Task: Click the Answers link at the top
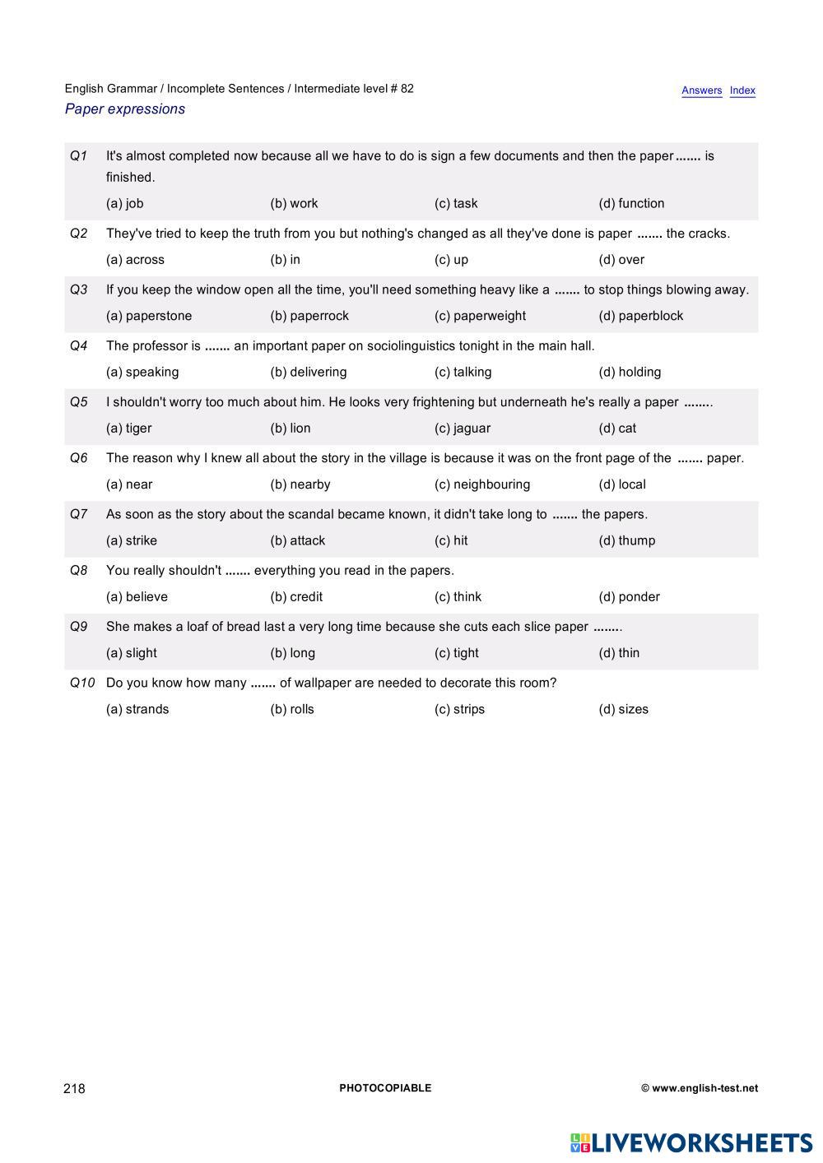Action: coord(701,90)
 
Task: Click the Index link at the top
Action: coord(742,90)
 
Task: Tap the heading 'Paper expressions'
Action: coord(125,109)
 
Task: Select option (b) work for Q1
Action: coord(294,203)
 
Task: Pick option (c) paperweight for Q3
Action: coord(480,316)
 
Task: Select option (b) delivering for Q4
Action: coord(309,372)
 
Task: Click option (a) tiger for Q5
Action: coord(129,429)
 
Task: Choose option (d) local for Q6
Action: coord(622,484)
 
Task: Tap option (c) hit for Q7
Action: coord(451,540)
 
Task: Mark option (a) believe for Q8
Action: coord(137,597)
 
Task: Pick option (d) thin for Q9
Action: coord(619,653)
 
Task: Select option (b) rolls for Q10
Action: coord(292,709)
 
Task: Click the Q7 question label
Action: coord(79,514)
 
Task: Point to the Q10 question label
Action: coord(82,683)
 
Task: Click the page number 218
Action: coord(74,1088)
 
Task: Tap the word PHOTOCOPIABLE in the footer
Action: coord(385,1088)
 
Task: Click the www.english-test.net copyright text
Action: coord(700,1088)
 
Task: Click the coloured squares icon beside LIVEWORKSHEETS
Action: coord(580,1142)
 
